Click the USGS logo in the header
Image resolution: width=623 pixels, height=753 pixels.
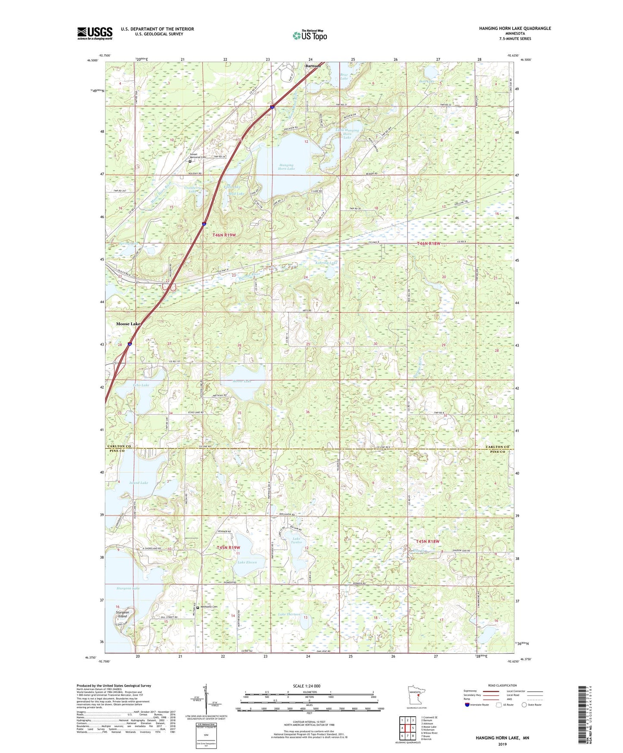(x=94, y=33)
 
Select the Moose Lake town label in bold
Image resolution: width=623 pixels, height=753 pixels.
(x=128, y=323)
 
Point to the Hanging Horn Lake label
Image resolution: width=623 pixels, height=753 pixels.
(x=286, y=166)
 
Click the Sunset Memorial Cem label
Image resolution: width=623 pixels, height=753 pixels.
(x=198, y=157)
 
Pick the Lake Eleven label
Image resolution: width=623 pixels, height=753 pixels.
(x=247, y=562)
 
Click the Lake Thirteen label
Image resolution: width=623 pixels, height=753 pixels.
(x=289, y=614)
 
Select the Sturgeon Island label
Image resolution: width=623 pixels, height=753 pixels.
(x=122, y=614)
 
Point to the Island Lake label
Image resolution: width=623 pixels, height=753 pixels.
(x=138, y=483)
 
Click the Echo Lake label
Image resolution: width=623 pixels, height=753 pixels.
(x=141, y=385)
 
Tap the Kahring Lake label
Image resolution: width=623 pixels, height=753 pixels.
(x=326, y=263)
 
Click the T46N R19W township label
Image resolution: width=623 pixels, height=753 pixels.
(x=224, y=235)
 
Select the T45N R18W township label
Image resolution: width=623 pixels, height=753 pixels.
(x=427, y=541)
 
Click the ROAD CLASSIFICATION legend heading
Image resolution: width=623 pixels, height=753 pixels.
(x=502, y=685)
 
